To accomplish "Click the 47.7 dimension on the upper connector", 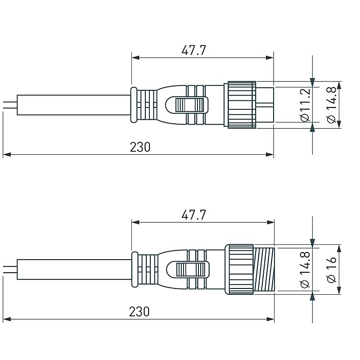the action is [193, 50].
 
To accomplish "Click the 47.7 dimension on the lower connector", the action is [193, 215].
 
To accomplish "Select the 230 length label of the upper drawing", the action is [140, 147].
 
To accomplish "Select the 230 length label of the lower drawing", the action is [139, 311].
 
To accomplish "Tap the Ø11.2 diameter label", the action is [306, 105].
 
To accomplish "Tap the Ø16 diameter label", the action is [331, 269].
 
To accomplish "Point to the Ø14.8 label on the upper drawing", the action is [331, 105].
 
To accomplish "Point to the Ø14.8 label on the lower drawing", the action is [306, 270].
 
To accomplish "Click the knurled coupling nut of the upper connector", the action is [242, 105].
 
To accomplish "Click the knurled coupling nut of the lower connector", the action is [239, 269].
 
